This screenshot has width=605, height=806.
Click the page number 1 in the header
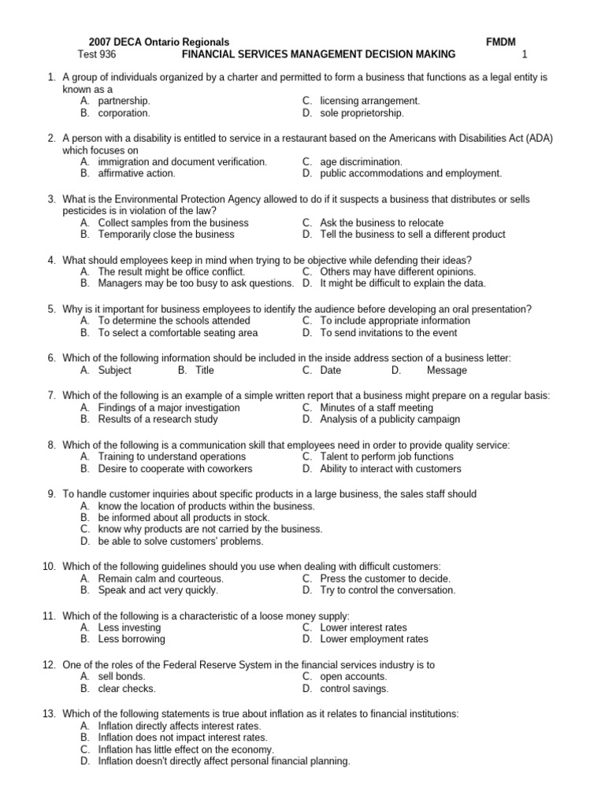click(524, 54)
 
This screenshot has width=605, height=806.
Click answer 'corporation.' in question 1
click(124, 113)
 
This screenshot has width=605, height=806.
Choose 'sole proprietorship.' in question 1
click(362, 113)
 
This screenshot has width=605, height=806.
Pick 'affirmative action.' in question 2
click(136, 174)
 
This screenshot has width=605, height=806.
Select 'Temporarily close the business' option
click(166, 235)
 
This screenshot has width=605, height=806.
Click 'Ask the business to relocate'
click(381, 223)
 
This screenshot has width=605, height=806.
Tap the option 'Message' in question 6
click(447, 370)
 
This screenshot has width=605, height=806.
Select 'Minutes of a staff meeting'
click(377, 408)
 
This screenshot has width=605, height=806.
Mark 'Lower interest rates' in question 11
click(363, 628)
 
